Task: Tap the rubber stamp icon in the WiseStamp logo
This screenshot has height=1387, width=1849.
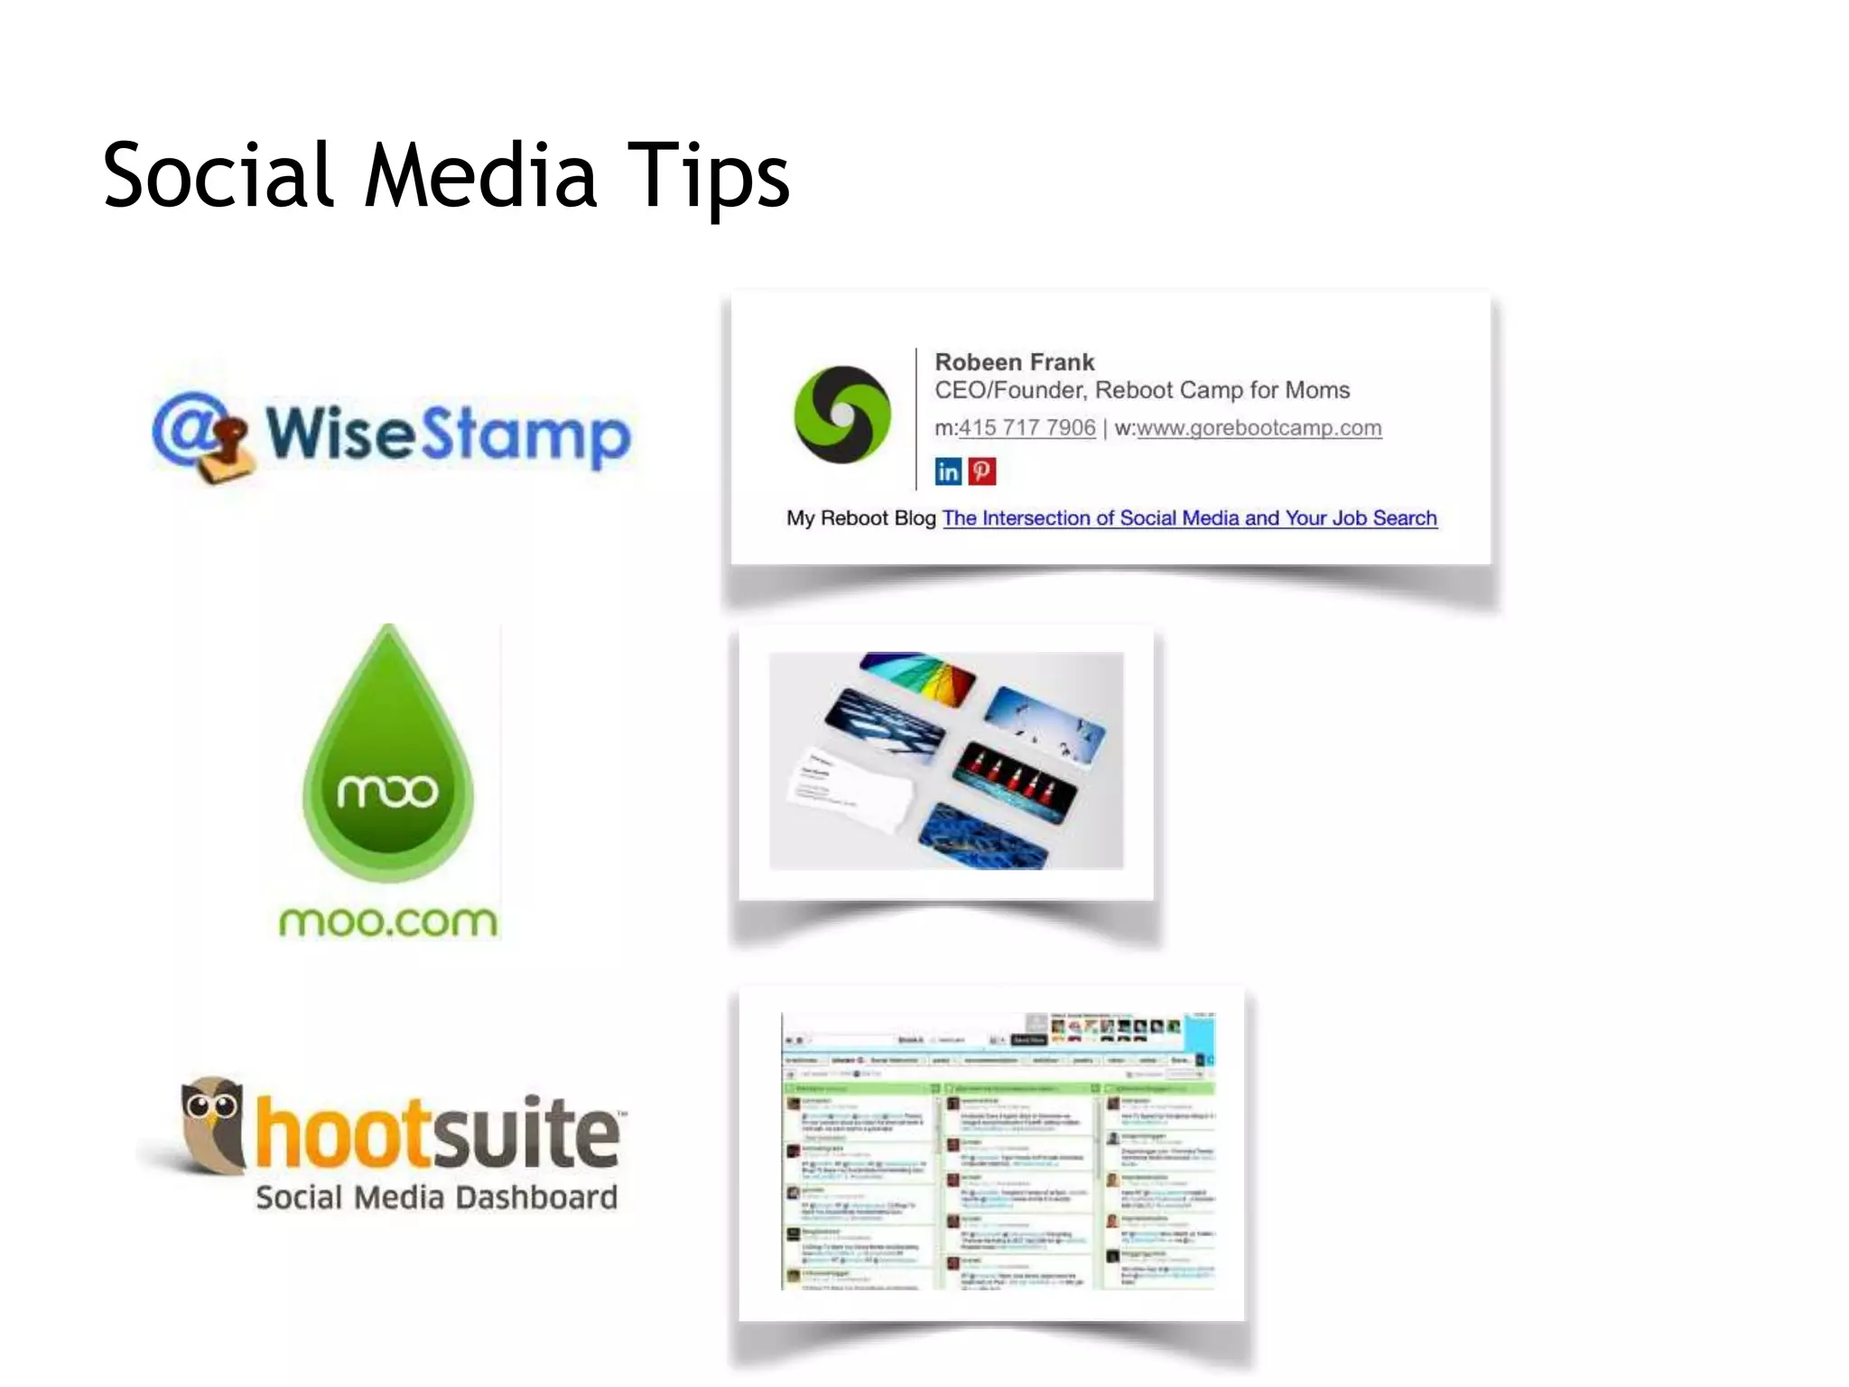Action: click(222, 449)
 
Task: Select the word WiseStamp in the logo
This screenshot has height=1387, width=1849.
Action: click(448, 434)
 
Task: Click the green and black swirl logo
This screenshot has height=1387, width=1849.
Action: click(841, 414)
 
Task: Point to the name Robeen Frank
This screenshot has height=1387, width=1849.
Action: click(1014, 362)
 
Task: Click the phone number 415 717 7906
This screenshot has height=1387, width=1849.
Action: click(1027, 428)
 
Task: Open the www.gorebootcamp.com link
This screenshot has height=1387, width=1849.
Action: click(1259, 428)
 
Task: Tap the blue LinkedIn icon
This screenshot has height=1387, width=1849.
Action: click(948, 471)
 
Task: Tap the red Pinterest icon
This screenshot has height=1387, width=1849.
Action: click(982, 471)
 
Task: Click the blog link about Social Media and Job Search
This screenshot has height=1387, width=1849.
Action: click(1189, 518)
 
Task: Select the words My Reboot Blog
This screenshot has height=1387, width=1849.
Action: click(860, 518)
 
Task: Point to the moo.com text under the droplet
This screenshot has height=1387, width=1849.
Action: click(388, 922)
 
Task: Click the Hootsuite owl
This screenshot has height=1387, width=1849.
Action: click(213, 1124)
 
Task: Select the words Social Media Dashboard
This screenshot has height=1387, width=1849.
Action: click(436, 1197)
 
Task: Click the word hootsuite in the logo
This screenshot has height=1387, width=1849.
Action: click(438, 1132)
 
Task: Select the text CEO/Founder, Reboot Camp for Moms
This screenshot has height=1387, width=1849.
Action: click(1142, 390)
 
